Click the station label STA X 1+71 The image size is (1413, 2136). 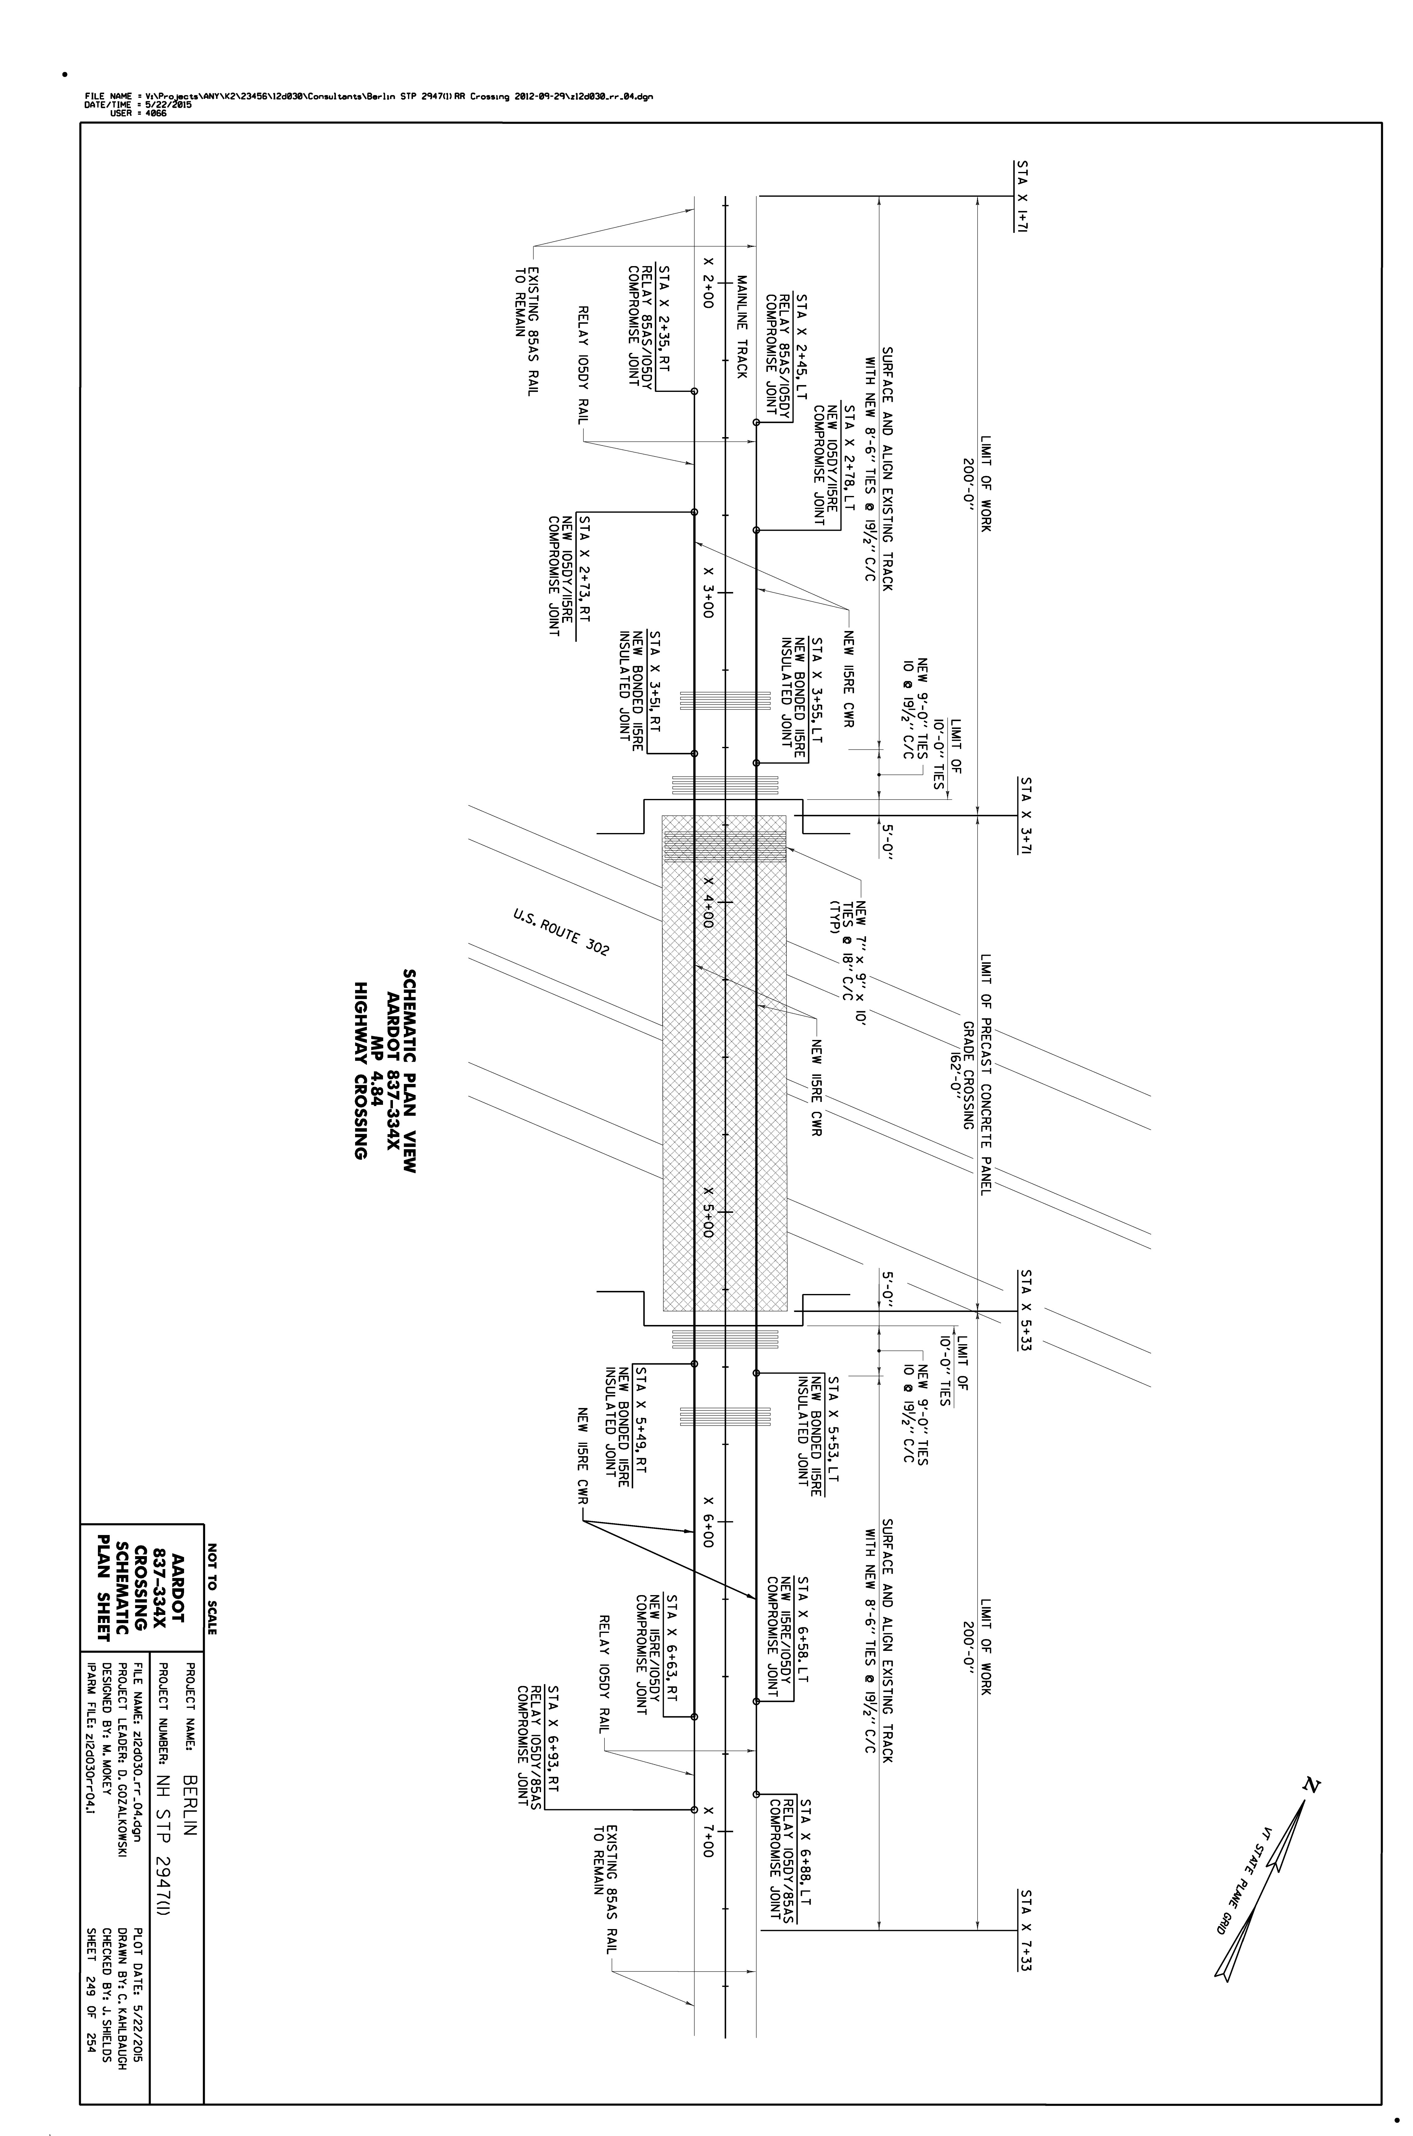click(1023, 197)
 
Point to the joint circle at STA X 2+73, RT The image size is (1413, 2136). click(694, 512)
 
